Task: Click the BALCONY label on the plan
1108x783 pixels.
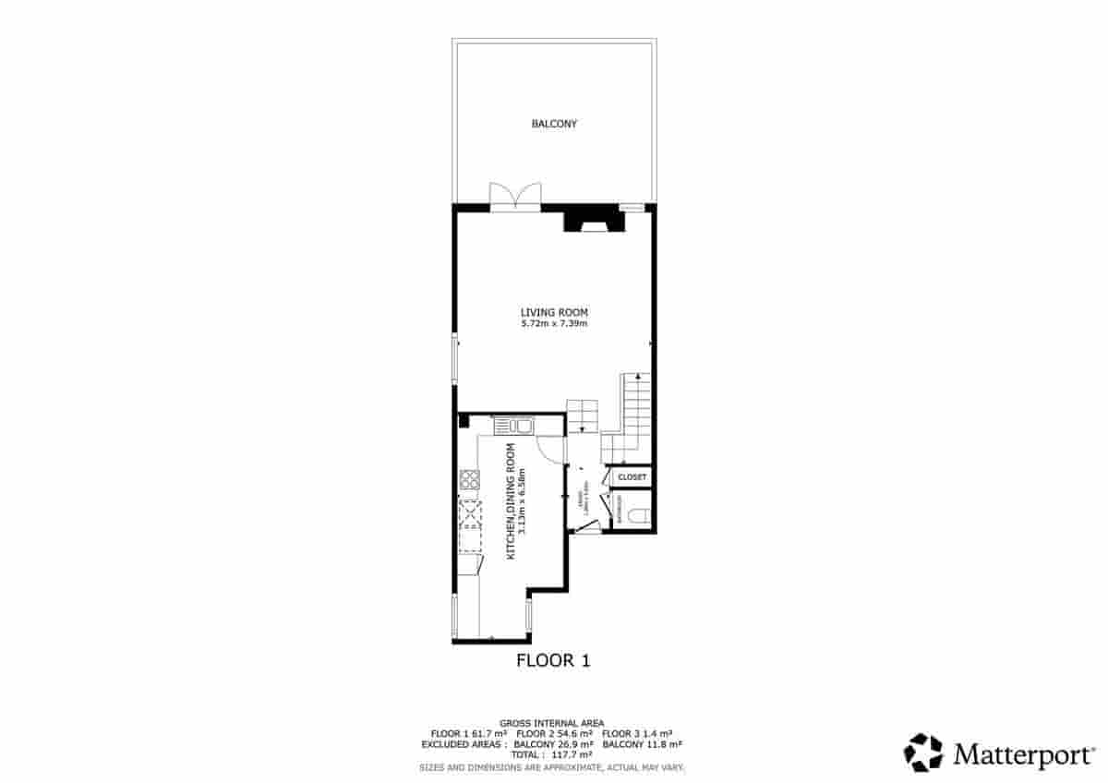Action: click(554, 123)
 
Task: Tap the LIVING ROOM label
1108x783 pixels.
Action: click(554, 312)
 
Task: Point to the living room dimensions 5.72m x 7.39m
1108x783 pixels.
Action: click(554, 324)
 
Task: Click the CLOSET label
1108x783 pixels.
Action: click(632, 477)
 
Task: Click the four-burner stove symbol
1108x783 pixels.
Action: click(469, 479)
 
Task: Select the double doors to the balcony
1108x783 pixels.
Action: click(515, 197)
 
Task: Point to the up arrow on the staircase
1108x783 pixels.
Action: click(637, 378)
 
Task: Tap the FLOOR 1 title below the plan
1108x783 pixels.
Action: click(552, 660)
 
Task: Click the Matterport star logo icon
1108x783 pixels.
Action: click(922, 753)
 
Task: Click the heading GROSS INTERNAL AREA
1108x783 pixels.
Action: click(552, 722)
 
